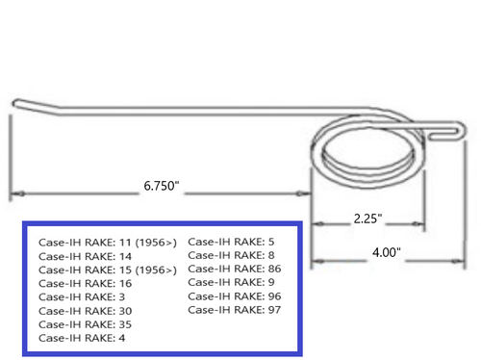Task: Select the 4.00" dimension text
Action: click(x=383, y=252)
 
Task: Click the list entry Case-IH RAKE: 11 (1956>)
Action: click(x=108, y=243)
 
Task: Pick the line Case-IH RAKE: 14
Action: click(x=86, y=257)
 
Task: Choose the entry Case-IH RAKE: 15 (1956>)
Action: click(x=108, y=270)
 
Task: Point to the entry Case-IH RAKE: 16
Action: click(x=86, y=284)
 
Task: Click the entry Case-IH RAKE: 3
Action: click(x=83, y=297)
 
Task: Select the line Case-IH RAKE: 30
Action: click(x=86, y=311)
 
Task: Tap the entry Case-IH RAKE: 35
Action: click(x=86, y=324)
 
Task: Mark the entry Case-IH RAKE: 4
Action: click(x=83, y=338)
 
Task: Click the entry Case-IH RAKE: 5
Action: click(x=231, y=241)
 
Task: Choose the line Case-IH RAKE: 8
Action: click(x=231, y=254)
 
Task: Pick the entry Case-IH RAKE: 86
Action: click(x=234, y=269)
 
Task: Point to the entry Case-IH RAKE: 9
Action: click(x=231, y=282)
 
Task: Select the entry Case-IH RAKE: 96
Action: click(x=234, y=296)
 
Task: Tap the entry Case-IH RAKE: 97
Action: click(x=234, y=309)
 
